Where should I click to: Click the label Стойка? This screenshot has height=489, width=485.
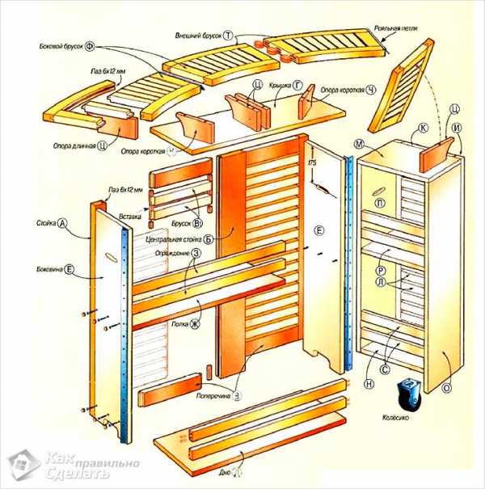click(x=44, y=221)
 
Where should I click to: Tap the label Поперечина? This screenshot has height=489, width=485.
click(x=213, y=397)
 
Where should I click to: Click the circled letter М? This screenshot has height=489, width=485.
click(x=357, y=143)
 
